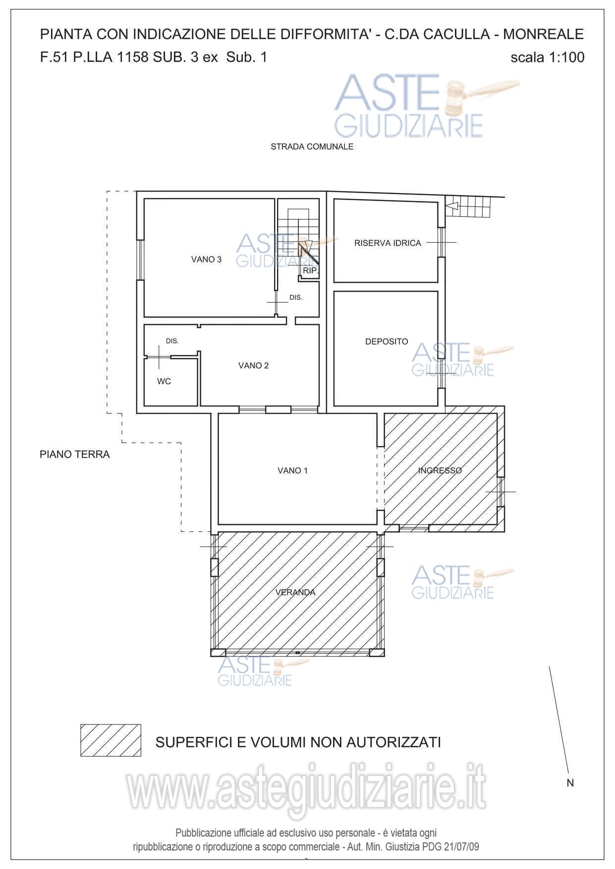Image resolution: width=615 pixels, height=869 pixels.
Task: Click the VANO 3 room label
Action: pyautogui.click(x=206, y=259)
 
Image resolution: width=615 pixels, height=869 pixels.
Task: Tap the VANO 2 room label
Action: pyautogui.click(x=253, y=365)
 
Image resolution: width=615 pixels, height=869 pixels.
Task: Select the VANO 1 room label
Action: pyautogui.click(x=292, y=470)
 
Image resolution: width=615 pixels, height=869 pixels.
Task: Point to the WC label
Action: pyautogui.click(x=164, y=381)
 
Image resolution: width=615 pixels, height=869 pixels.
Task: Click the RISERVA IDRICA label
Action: pyautogui.click(x=388, y=243)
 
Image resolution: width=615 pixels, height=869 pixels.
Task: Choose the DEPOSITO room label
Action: pyautogui.click(x=387, y=342)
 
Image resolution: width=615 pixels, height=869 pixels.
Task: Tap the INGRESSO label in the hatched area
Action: pyautogui.click(x=440, y=470)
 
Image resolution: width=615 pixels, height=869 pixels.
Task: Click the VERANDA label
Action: pyautogui.click(x=295, y=592)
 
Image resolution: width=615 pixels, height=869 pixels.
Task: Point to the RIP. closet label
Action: pyautogui.click(x=310, y=271)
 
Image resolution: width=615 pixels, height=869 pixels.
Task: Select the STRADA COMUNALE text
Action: pyautogui.click(x=312, y=147)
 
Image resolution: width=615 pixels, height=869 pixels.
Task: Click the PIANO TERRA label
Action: pyautogui.click(x=75, y=454)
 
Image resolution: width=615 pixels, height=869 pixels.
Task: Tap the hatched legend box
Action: pyautogui.click(x=111, y=740)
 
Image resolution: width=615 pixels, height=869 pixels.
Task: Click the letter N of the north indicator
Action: pyautogui.click(x=570, y=783)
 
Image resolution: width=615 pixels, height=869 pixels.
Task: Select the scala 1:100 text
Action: pyautogui.click(x=548, y=57)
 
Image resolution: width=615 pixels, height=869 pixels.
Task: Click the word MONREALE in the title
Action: pyautogui.click(x=543, y=34)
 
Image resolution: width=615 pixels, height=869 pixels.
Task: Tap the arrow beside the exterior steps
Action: pyautogui.click(x=452, y=204)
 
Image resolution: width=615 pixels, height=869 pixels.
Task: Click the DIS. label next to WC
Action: pyautogui.click(x=172, y=341)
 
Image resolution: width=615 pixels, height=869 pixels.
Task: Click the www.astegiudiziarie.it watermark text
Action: pyautogui.click(x=306, y=787)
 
